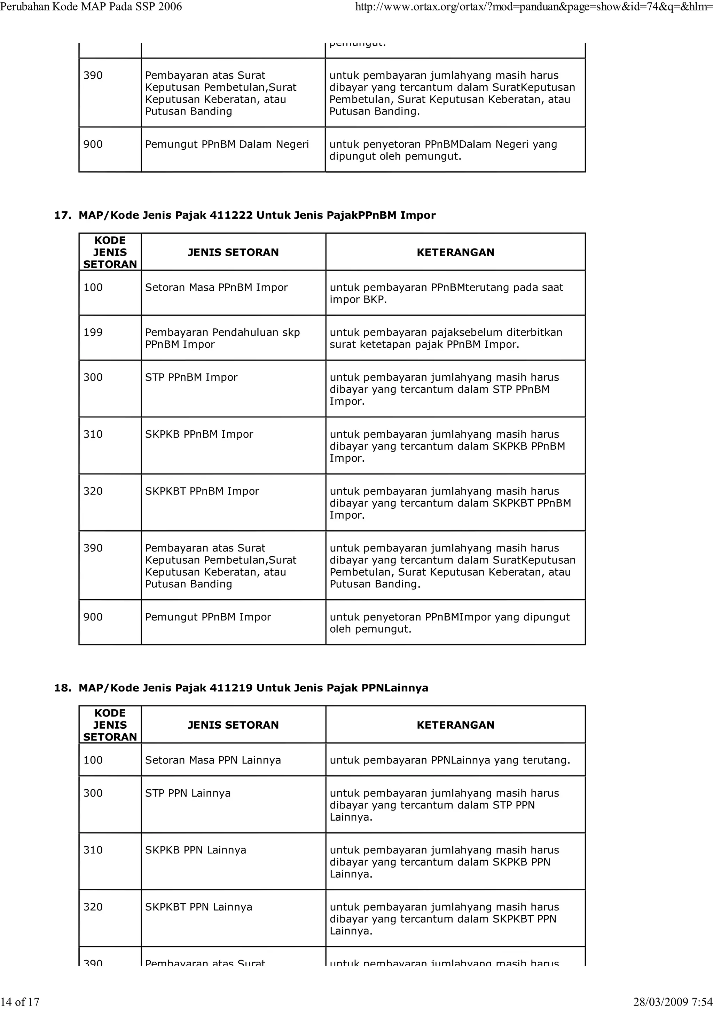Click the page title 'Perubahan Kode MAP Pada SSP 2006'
(91, 7)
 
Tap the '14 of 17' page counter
(20, 1002)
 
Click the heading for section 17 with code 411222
(257, 215)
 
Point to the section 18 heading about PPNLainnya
(253, 688)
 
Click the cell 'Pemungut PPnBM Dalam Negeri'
(227, 144)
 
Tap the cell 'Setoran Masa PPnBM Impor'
(216, 287)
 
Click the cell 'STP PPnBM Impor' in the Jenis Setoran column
(191, 377)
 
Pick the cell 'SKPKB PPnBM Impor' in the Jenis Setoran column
(199, 434)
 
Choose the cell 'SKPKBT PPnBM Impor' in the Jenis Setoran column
(202, 491)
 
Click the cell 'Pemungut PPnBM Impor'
(208, 617)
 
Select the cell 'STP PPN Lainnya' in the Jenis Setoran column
(188, 793)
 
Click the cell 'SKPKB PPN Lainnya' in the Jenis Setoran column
(196, 850)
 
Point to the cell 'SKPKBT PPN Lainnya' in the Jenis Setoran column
(198, 907)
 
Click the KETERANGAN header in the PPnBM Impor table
(455, 252)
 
